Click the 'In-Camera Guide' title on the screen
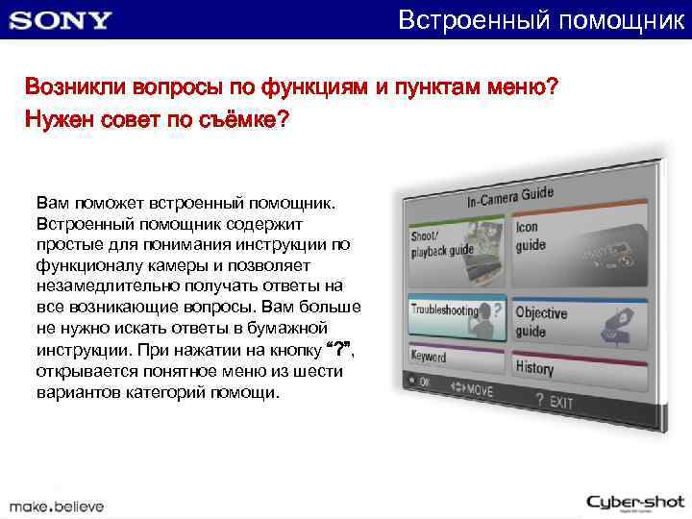click(x=510, y=197)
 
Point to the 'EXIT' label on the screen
click(x=560, y=400)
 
